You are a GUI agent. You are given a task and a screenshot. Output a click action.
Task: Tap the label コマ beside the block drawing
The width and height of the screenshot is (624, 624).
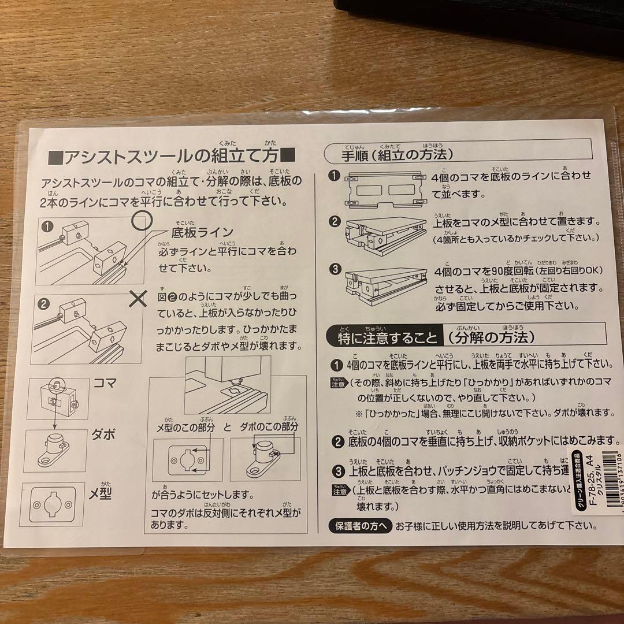(105, 382)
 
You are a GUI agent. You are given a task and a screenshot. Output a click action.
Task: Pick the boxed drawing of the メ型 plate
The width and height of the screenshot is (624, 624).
(52, 504)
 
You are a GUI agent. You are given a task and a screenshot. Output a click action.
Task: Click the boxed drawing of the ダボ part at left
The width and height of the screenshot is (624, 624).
(55, 451)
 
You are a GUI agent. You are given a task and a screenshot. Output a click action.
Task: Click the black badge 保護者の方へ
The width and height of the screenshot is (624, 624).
(361, 526)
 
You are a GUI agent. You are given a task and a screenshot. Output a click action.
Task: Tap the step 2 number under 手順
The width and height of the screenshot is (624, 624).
(335, 222)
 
